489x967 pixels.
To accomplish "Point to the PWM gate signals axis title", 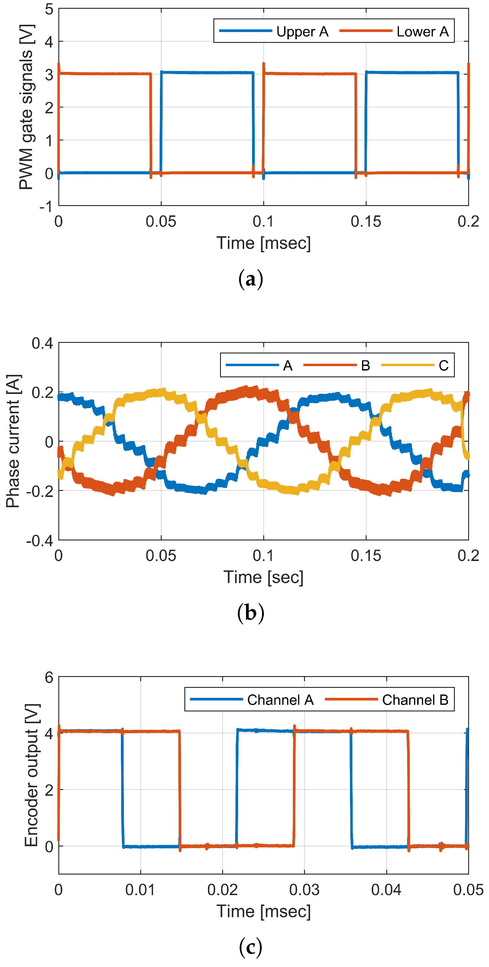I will pos(26,107).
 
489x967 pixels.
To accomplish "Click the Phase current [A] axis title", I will pos(13,441).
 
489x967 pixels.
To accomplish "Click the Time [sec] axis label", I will pos(263,577).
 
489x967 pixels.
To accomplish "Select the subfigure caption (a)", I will pos(251,280).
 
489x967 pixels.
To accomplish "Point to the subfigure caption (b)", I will pos(251,613).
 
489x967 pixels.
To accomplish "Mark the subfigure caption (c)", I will pos(251,947).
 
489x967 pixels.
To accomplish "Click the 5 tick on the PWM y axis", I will pos(49,9).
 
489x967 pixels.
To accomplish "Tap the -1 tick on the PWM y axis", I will pos(47,206).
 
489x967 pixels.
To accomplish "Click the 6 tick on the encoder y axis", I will pos(49,678).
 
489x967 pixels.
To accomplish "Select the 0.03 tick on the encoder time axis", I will pos(304,890).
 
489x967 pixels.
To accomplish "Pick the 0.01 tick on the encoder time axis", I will pos(140,890).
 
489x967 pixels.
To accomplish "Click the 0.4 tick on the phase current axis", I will pos(42,343).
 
